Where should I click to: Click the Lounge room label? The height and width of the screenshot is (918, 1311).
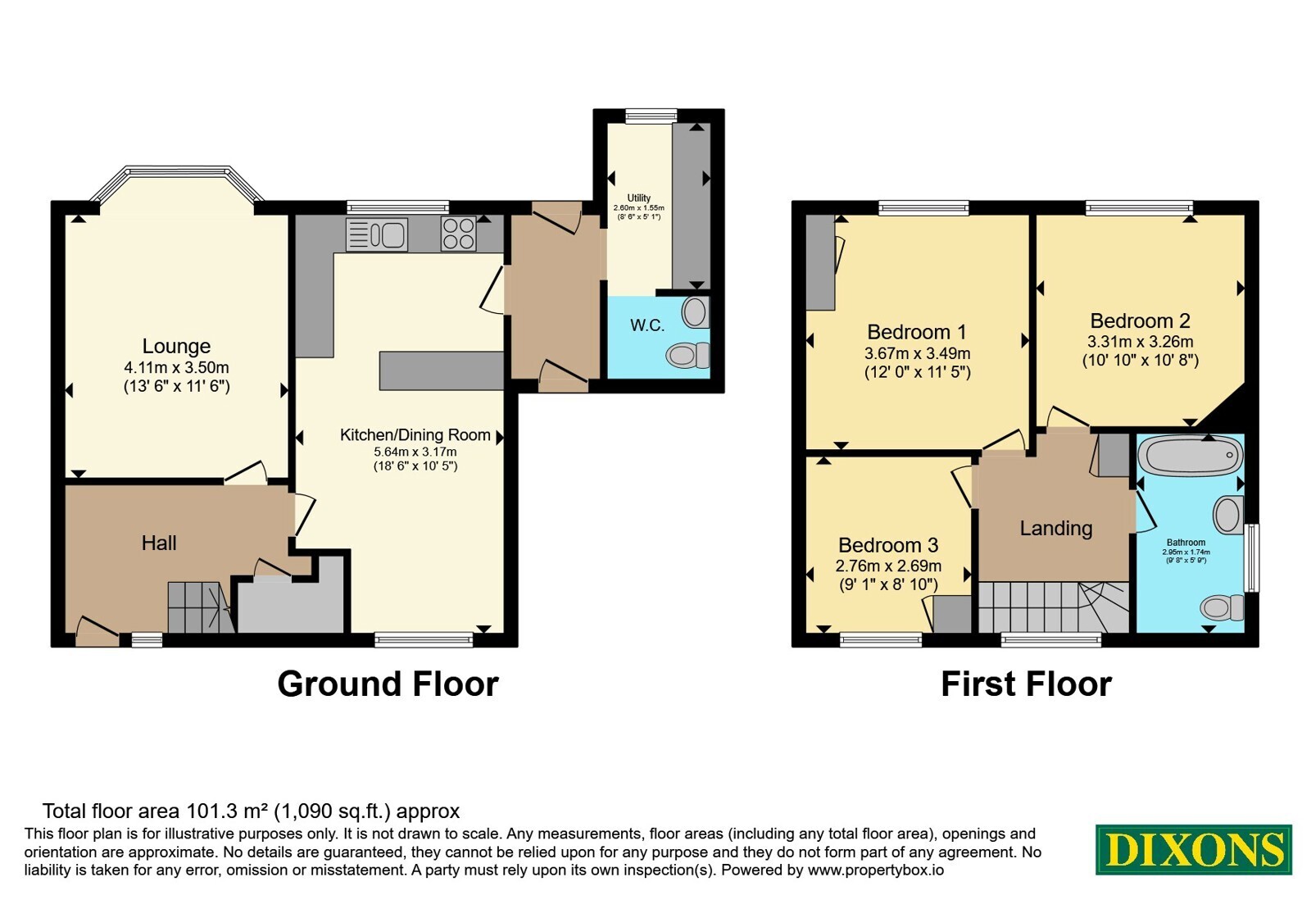[176, 346]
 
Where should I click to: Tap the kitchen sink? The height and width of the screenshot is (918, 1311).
[376, 234]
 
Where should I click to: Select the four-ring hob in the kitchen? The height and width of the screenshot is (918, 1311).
[458, 234]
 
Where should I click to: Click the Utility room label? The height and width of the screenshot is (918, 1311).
[638, 198]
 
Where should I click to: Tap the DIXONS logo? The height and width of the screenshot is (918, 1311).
[1193, 849]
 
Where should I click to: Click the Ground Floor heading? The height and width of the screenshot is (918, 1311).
[388, 684]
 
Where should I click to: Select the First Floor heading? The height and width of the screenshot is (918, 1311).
[1026, 684]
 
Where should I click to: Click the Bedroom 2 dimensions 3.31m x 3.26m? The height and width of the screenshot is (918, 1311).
[1140, 341]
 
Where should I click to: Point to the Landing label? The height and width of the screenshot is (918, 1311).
[1056, 528]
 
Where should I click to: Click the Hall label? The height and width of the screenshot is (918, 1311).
[159, 543]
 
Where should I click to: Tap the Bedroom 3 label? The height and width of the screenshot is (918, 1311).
[888, 545]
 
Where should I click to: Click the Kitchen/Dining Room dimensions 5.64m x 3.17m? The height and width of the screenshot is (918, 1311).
[415, 452]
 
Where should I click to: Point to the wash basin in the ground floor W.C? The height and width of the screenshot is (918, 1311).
[696, 312]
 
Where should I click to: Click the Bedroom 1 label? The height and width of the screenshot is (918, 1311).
[917, 332]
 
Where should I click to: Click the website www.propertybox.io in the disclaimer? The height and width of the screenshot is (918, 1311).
[876, 870]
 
